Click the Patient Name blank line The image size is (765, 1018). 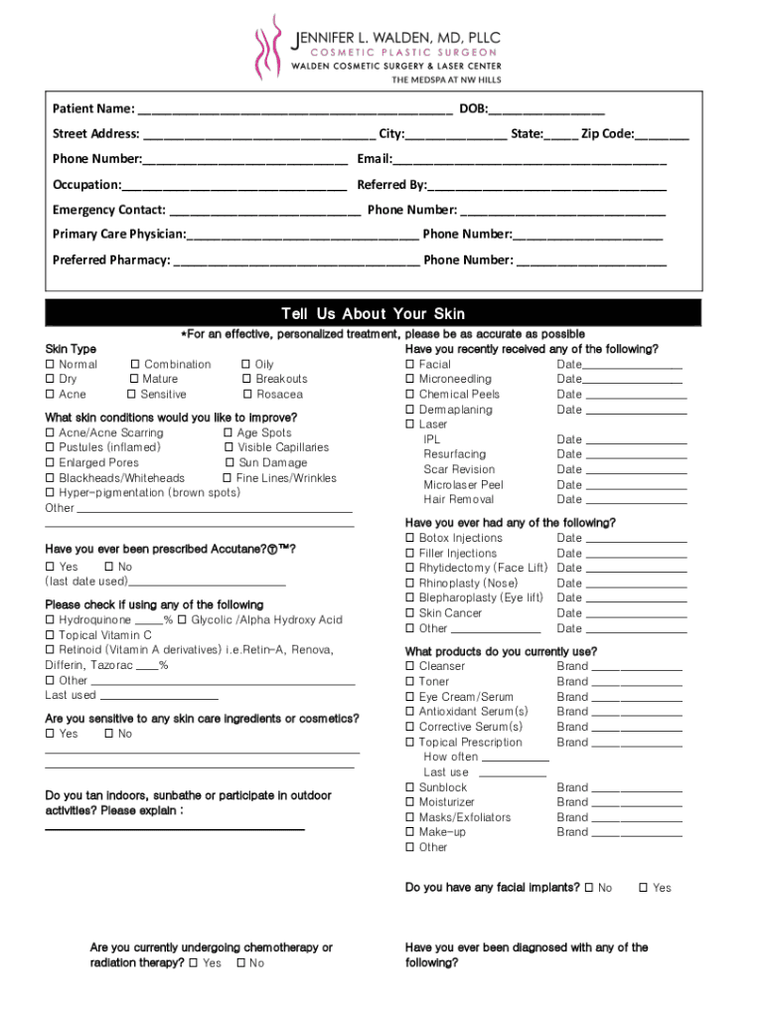(x=294, y=110)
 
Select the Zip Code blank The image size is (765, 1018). (x=662, y=136)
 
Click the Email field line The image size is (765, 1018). (x=530, y=161)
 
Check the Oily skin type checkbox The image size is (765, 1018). (x=246, y=365)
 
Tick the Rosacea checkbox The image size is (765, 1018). (x=246, y=395)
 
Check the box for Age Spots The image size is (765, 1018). (x=229, y=433)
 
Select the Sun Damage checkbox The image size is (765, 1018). (x=229, y=463)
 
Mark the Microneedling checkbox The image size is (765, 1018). (x=410, y=380)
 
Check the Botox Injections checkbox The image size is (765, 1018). (x=410, y=539)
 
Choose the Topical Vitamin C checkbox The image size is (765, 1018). (x=50, y=635)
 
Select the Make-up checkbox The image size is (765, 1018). (x=410, y=832)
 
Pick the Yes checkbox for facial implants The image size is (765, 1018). (x=644, y=888)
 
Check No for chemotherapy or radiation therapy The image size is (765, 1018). (x=240, y=963)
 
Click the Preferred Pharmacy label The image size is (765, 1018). (x=110, y=260)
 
